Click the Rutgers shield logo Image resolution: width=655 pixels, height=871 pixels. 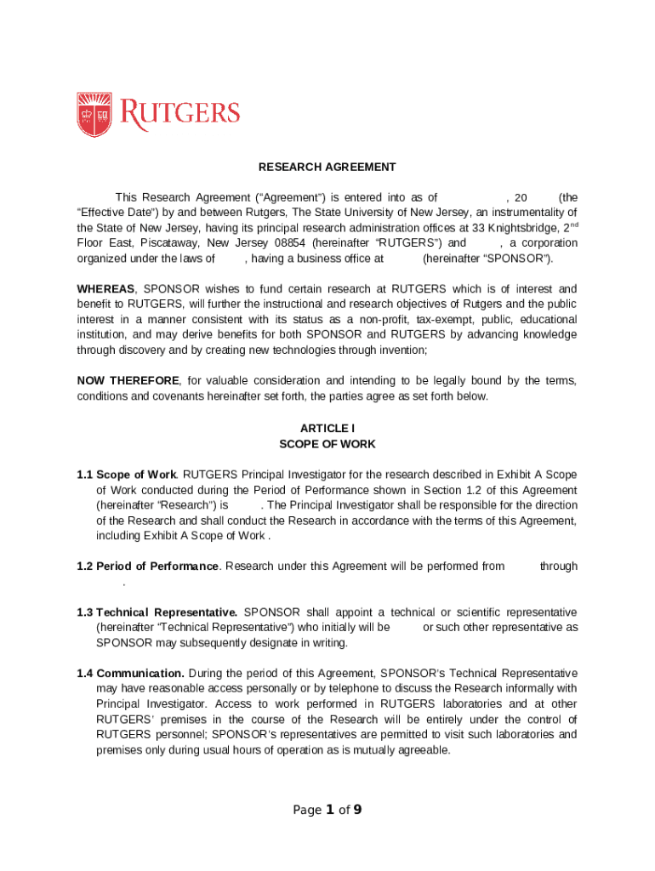click(94, 114)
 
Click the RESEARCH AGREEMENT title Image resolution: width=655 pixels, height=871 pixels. click(327, 167)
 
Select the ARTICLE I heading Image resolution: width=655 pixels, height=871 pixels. click(327, 428)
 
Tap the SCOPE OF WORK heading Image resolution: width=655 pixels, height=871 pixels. click(327, 444)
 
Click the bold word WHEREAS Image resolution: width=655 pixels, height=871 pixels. click(105, 289)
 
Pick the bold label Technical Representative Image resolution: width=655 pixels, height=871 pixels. click(167, 612)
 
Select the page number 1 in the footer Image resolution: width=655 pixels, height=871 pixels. click(329, 810)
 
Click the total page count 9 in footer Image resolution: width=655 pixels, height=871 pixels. click(358, 810)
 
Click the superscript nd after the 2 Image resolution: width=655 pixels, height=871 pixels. click(574, 225)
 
